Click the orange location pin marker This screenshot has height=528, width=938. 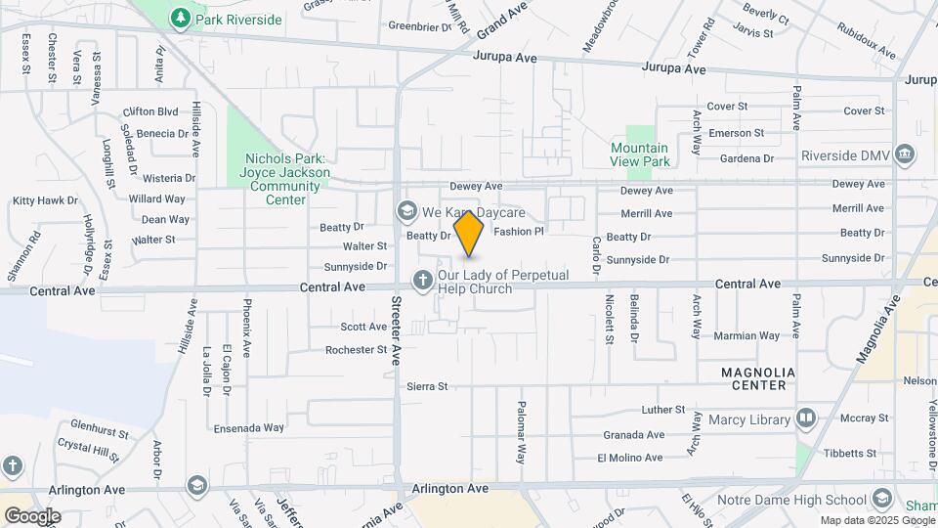coord(469,233)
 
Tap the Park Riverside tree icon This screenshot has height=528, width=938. coord(180,18)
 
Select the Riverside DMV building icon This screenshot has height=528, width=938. coord(906,154)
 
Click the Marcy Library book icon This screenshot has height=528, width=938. coord(806,419)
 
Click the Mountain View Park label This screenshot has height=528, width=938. coord(640,154)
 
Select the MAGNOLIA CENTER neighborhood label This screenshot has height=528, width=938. coord(758,378)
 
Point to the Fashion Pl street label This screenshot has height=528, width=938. coord(518,232)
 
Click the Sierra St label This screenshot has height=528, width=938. coord(427,386)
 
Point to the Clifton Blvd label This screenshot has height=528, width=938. coord(150,111)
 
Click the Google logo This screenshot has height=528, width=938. coord(32,516)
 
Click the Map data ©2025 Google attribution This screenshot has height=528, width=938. coord(876,520)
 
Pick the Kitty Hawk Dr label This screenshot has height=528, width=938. coord(45,200)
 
